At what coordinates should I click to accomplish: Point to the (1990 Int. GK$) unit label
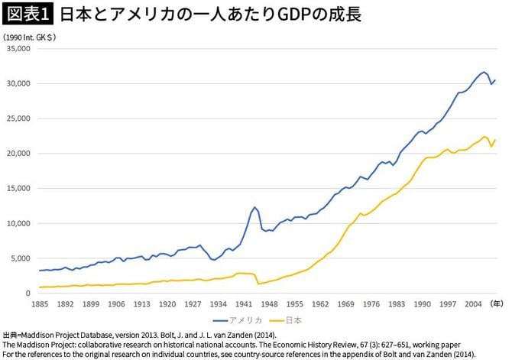point(30,37)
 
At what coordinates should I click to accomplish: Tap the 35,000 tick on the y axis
point(17,48)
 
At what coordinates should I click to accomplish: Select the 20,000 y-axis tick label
point(17,154)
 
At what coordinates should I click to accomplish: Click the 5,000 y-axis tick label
point(19,259)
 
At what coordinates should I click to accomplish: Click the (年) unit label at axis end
point(496,304)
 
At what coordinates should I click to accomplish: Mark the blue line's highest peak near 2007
point(484,72)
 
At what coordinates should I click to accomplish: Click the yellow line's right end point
point(495,140)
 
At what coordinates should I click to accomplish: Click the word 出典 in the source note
point(11,336)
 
